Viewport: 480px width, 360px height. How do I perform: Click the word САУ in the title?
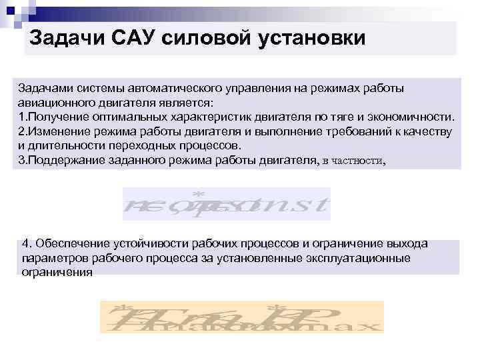coord(135,37)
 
